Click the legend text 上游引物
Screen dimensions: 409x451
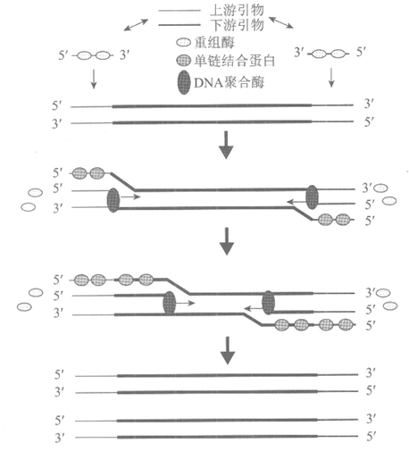[237, 10]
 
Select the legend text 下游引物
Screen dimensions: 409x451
[237, 25]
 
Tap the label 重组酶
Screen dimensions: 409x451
[214, 43]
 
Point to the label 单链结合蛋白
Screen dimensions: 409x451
[235, 61]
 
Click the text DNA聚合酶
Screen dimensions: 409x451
[230, 82]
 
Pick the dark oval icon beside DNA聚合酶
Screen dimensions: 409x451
[184, 82]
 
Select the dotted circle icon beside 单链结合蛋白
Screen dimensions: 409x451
[183, 61]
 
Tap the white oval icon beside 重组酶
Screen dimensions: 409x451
[183, 43]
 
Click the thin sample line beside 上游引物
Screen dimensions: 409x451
[179, 11]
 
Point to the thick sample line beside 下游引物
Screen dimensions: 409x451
[179, 25]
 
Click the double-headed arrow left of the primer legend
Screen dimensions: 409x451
[136, 25]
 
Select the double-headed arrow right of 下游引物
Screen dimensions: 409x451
[281, 22]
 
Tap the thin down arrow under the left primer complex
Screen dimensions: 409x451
[94, 79]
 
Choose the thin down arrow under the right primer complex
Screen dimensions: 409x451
[331, 78]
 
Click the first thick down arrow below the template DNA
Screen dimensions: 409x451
[226, 145]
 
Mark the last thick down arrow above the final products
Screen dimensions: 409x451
[228, 350]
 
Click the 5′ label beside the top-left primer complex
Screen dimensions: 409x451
[63, 55]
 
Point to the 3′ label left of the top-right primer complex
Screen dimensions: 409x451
[298, 53]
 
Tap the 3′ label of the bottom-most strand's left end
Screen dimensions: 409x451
[60, 438]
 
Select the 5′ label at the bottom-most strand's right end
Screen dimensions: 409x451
[371, 437]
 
